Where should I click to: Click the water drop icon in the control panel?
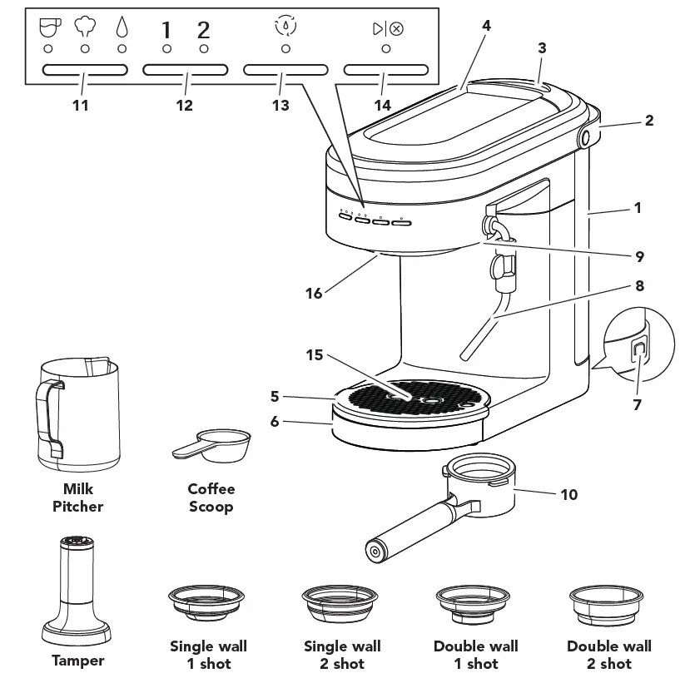point(122,29)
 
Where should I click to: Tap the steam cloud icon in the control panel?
point(84,29)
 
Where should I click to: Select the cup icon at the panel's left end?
point(48,28)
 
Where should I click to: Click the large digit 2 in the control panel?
point(203,30)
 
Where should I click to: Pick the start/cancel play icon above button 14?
point(387,28)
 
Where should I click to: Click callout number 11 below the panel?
point(81,105)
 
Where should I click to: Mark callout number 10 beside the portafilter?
point(569,494)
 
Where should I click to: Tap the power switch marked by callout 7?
point(639,351)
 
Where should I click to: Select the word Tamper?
point(78,661)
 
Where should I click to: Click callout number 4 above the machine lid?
point(486,26)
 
